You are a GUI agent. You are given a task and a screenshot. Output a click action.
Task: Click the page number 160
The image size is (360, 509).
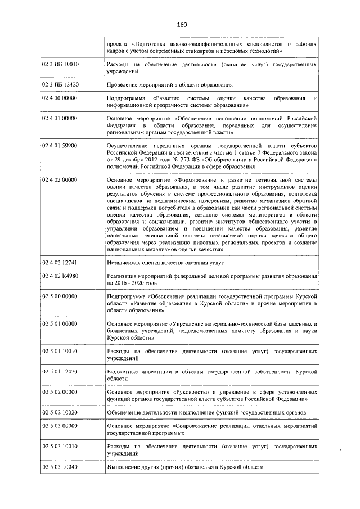(181, 25)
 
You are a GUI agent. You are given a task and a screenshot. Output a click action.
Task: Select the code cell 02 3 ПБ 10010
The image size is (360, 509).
(60, 65)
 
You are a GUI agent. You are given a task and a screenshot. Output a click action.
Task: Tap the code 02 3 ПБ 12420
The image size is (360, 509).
(60, 85)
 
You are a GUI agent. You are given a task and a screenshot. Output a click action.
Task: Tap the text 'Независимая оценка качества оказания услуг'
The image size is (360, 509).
(165, 263)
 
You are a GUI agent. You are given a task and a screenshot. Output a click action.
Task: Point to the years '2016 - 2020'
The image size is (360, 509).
(130, 283)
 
